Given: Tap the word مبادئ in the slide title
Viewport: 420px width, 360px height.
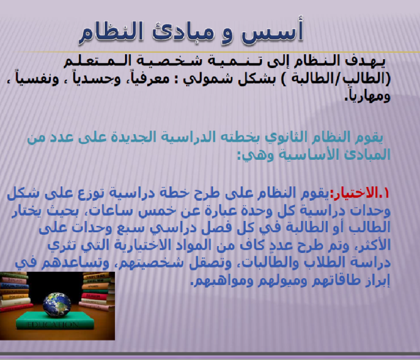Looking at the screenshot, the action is coord(184,33).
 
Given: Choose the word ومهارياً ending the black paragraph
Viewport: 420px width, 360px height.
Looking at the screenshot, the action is coord(367,96).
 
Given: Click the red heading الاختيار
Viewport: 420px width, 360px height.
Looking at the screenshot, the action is coord(352,193).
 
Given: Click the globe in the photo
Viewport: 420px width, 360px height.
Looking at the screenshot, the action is coord(57,305).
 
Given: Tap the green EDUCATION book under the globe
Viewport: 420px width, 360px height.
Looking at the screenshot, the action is coord(55,320).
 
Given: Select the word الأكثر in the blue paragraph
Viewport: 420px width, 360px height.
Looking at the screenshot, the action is coord(373,245).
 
